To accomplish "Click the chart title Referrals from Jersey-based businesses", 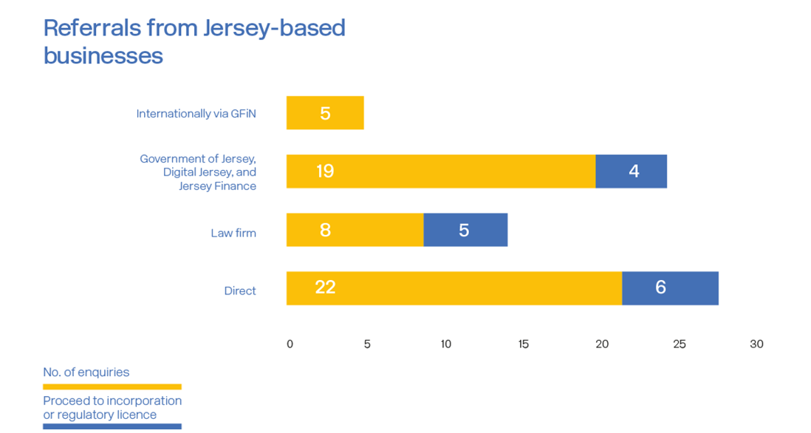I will click(194, 41).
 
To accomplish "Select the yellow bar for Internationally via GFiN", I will click(325, 113).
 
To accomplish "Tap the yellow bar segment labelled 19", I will click(440, 171).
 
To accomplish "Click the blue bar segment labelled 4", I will click(632, 171).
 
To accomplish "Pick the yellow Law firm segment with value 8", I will click(355, 230).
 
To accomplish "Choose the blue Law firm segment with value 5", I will click(465, 230).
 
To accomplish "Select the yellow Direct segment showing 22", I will click(454, 288).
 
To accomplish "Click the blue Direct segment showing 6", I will click(670, 288).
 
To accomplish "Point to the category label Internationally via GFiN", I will click(196, 114).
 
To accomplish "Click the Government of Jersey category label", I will click(198, 172).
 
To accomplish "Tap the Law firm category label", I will click(233, 233).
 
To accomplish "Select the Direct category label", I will click(240, 291).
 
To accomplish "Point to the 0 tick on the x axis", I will click(290, 344).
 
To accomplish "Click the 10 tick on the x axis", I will click(445, 344).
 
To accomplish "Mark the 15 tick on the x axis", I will click(523, 344).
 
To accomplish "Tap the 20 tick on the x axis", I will click(602, 344).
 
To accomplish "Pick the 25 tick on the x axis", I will click(679, 344).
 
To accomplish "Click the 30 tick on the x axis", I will click(756, 344).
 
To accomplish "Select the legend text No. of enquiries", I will click(86, 372).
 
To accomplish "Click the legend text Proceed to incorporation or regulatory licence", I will click(112, 408).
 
